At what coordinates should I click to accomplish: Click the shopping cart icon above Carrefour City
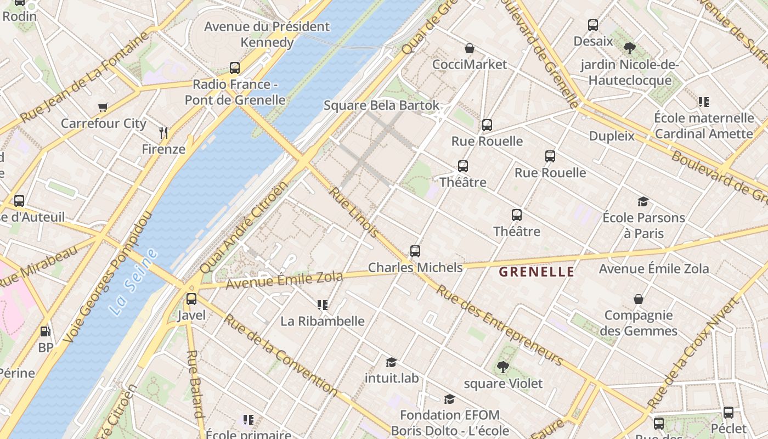[103, 107]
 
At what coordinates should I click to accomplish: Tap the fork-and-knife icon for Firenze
[163, 132]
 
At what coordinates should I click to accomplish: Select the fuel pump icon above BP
[46, 331]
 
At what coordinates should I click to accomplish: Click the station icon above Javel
[191, 299]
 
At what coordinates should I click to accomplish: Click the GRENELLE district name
[537, 272]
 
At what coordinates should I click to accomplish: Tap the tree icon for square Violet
[502, 367]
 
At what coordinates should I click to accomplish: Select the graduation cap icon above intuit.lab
[391, 362]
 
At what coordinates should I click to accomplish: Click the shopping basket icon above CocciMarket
[470, 48]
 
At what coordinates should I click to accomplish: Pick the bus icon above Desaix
[593, 25]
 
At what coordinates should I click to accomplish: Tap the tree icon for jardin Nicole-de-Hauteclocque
[630, 48]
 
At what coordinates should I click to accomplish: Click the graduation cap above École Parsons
[643, 202]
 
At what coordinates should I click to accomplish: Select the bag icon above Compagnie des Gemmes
[639, 299]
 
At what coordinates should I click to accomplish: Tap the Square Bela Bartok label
[381, 105]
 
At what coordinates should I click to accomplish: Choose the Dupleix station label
[612, 136]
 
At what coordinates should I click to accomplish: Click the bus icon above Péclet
[729, 413]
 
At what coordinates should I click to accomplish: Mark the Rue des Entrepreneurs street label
[499, 325]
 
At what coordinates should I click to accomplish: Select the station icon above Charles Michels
[415, 251]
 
